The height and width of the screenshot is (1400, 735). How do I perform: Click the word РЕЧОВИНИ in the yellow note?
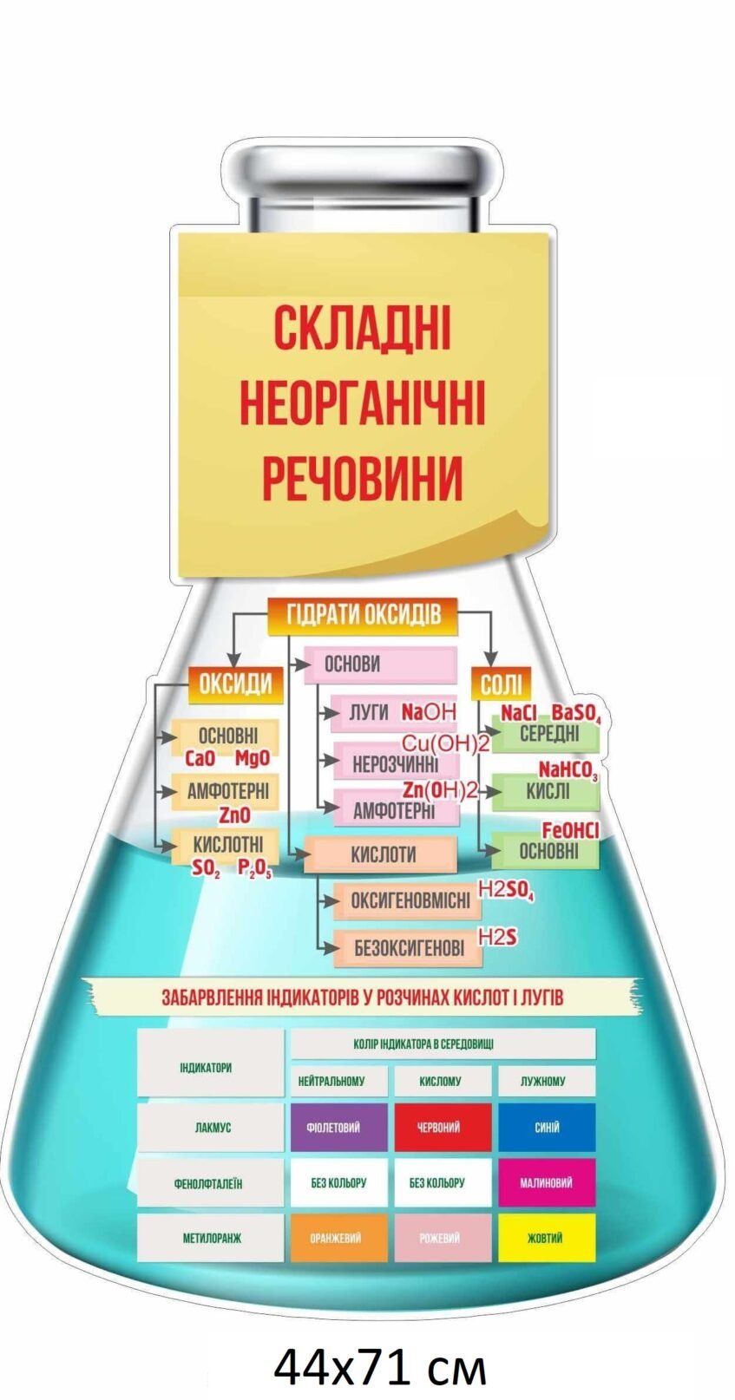coord(362,476)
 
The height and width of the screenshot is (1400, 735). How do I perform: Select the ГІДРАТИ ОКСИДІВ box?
coord(364,614)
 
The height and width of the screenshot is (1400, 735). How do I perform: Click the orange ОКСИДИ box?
coord(235,684)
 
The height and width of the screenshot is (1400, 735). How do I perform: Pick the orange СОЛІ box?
coord(501,685)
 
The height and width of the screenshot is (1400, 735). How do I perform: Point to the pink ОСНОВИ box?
coord(379,664)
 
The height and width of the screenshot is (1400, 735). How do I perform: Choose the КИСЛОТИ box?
coord(382,854)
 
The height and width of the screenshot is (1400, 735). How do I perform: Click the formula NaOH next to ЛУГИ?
coord(428,712)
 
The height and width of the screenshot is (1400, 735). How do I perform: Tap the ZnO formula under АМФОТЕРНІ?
coord(234,815)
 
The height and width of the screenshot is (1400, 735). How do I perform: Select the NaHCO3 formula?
coord(568,770)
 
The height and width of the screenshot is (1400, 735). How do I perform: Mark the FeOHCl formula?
coord(570,830)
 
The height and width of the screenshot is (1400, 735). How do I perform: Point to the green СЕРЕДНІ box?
coord(548,734)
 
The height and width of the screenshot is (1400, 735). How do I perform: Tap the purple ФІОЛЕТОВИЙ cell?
coord(338,1128)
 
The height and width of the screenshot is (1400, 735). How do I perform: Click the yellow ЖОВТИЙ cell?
coord(546,1238)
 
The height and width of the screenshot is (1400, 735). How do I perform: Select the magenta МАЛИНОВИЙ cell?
coord(546,1182)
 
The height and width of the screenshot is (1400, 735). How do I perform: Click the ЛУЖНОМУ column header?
coord(544,1081)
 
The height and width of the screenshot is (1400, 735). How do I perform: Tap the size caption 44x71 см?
coord(380,1367)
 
